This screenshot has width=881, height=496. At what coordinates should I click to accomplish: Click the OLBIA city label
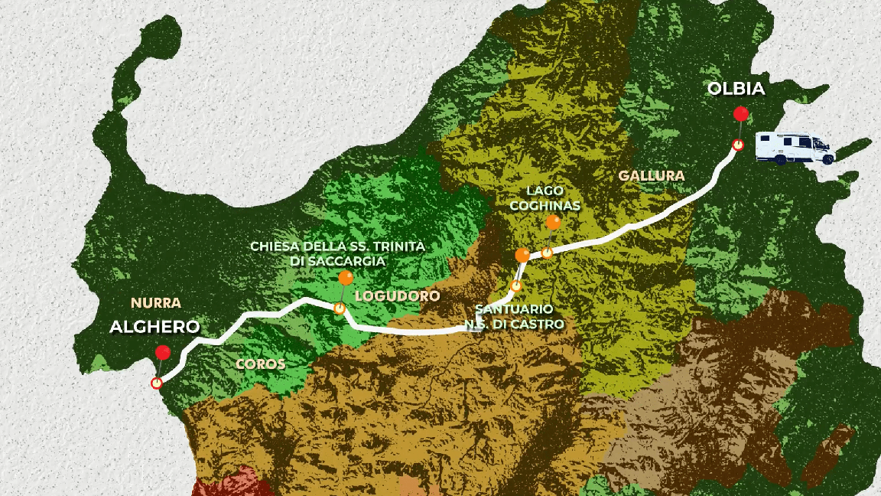pyautogui.click(x=736, y=89)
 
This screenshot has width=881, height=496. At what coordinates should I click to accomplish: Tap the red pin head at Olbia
pyautogui.click(x=740, y=114)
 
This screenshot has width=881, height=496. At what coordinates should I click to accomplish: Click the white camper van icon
pyautogui.click(x=795, y=148)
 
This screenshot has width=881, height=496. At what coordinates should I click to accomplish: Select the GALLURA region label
pyautogui.click(x=652, y=175)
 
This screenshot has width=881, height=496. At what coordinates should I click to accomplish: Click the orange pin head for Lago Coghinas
pyautogui.click(x=553, y=223)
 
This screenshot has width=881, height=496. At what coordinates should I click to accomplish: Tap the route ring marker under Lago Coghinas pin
pyautogui.click(x=548, y=252)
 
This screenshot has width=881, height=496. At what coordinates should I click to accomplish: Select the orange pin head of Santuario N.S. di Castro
pyautogui.click(x=522, y=255)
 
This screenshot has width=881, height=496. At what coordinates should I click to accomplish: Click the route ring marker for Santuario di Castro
pyautogui.click(x=516, y=286)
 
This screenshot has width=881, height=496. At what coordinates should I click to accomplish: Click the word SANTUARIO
pyautogui.click(x=515, y=309)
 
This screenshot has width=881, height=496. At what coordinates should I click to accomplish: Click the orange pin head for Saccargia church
pyautogui.click(x=346, y=279)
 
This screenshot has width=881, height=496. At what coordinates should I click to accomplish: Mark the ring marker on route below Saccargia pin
pyautogui.click(x=339, y=308)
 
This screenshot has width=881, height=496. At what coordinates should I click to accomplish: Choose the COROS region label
pyautogui.click(x=261, y=364)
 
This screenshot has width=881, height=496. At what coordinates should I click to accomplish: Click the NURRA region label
pyautogui.click(x=155, y=302)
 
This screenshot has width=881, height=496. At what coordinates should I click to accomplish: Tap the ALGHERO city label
pyautogui.click(x=154, y=327)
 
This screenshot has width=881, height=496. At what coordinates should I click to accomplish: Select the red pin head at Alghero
pyautogui.click(x=162, y=352)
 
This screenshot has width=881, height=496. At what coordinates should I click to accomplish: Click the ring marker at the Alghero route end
pyautogui.click(x=157, y=383)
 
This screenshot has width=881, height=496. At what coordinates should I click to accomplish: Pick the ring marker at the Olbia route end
pyautogui.click(x=737, y=145)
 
